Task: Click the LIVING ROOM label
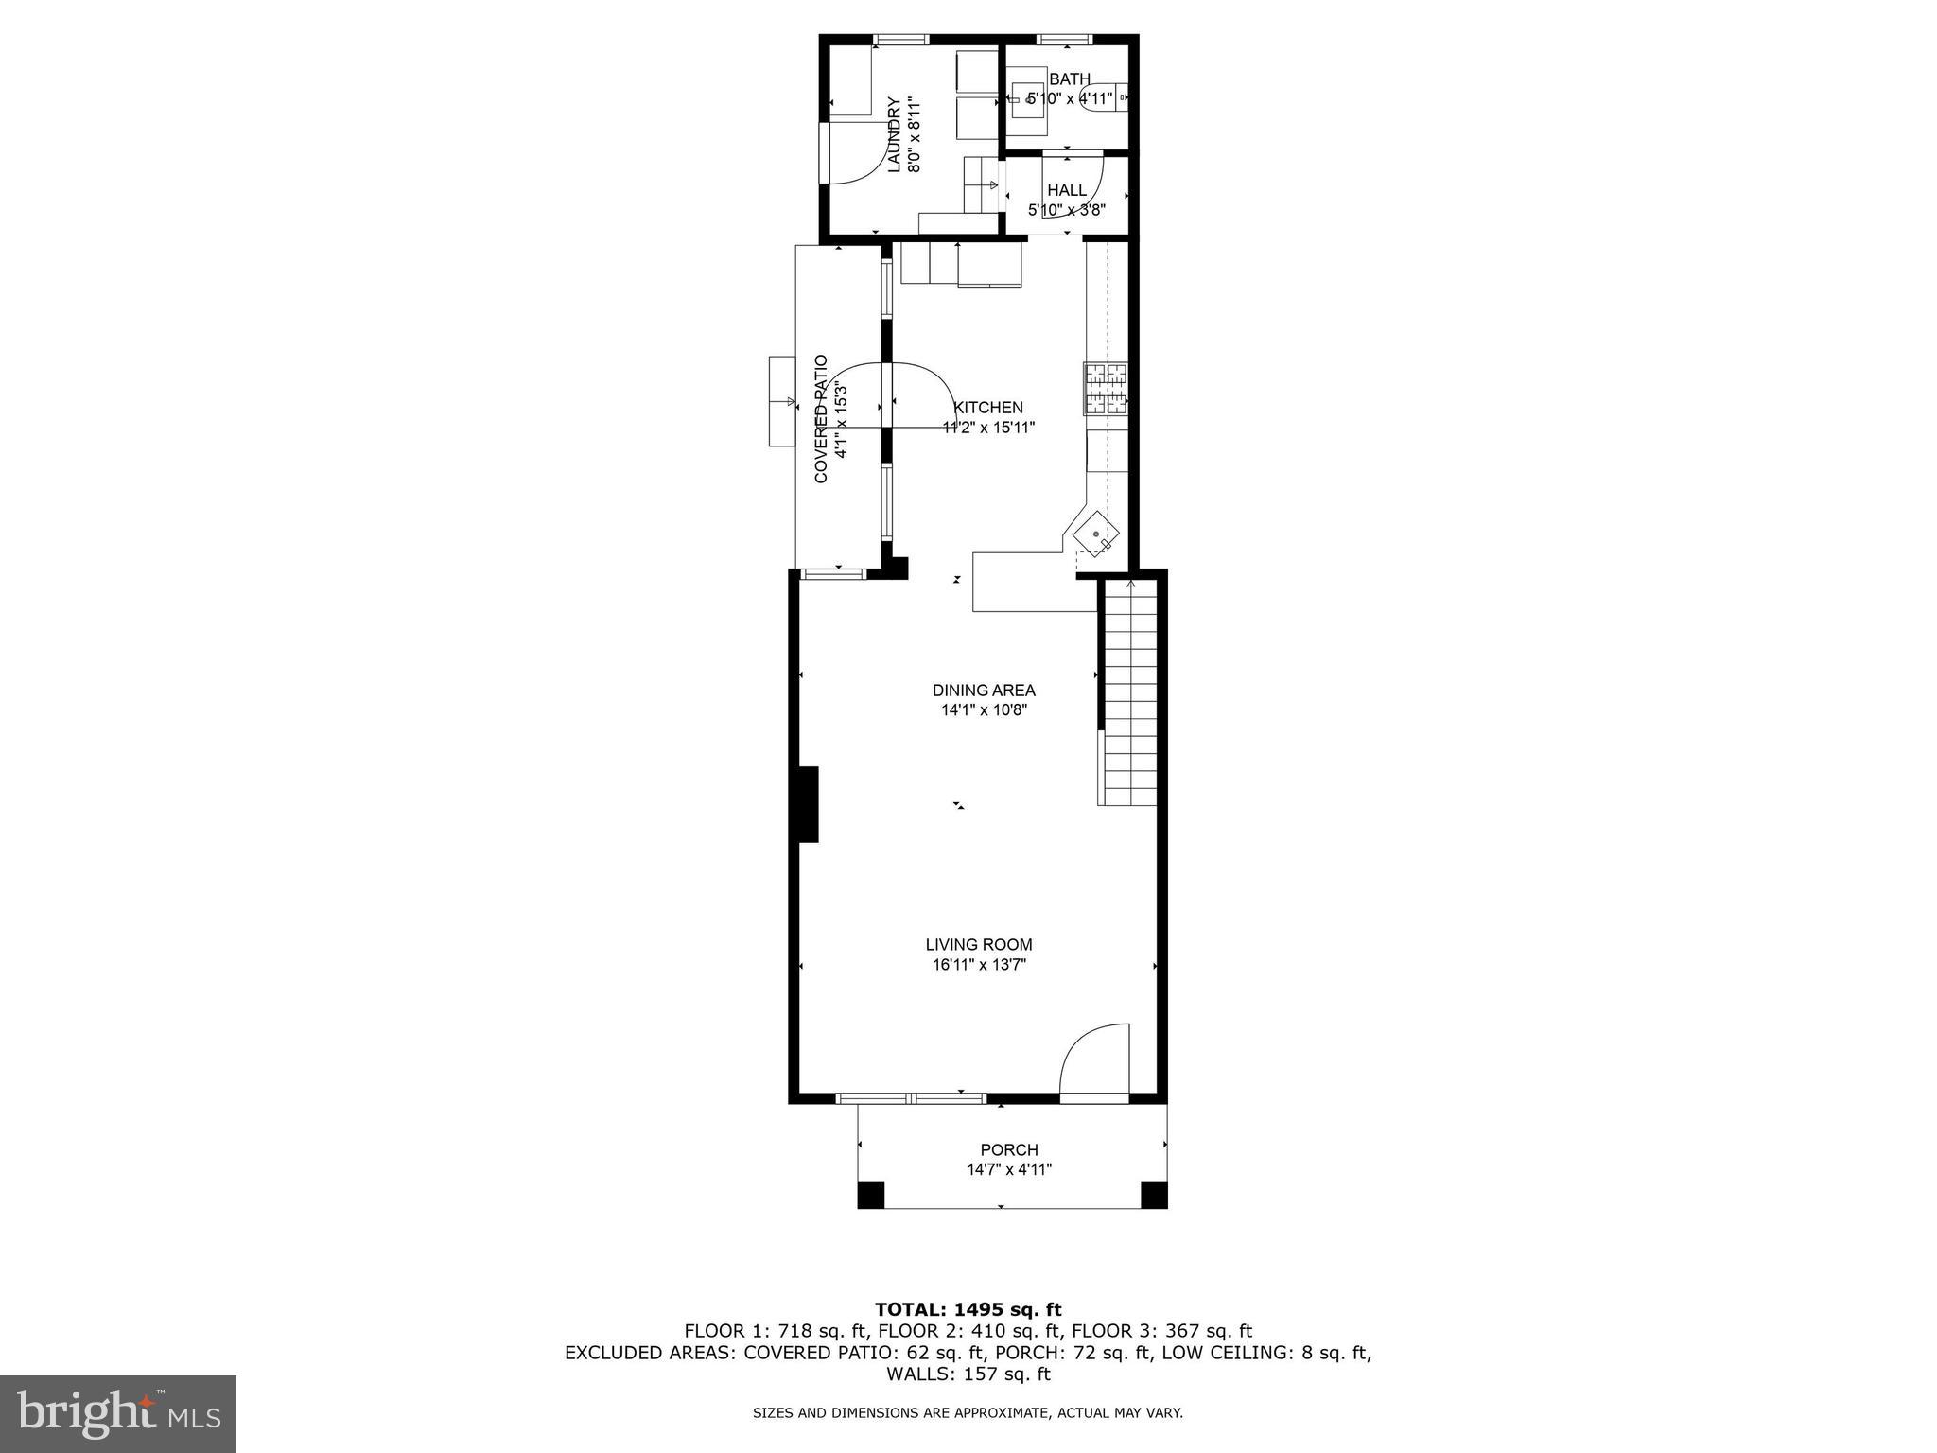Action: pos(978,944)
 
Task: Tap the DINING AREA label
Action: pos(984,691)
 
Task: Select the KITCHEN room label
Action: pos(988,408)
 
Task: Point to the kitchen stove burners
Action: pos(1105,389)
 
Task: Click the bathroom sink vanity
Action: pos(1025,97)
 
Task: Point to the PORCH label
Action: pos(1009,1149)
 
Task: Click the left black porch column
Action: pos(870,1195)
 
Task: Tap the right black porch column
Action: pos(1154,1195)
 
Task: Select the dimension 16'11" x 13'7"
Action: pos(978,965)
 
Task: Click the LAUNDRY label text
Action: pos(895,134)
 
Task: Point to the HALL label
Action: pos(1067,190)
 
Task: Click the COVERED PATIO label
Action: pos(821,418)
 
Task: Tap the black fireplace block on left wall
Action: pos(806,803)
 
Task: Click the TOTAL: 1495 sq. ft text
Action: pos(968,1309)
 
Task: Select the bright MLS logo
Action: pos(118,1413)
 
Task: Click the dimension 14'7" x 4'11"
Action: pos(1009,1169)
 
